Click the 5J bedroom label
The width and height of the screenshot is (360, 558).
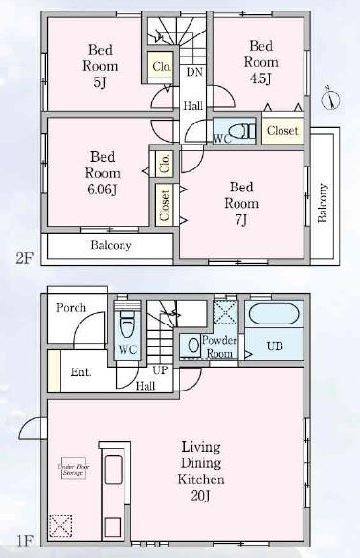click(100, 66)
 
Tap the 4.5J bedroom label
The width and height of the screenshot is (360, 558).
click(260, 60)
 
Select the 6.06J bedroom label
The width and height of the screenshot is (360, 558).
click(101, 173)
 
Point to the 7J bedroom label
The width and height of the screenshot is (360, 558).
click(240, 203)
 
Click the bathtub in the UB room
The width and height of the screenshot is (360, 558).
click(275, 316)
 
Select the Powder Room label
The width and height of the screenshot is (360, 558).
click(220, 346)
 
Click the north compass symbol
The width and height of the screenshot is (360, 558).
click(327, 99)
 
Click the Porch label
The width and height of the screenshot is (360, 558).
click(71, 308)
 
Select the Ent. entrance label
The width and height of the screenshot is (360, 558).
click(80, 371)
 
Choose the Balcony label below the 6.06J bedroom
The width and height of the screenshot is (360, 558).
click(111, 245)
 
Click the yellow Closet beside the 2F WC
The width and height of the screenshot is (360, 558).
click(281, 130)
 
